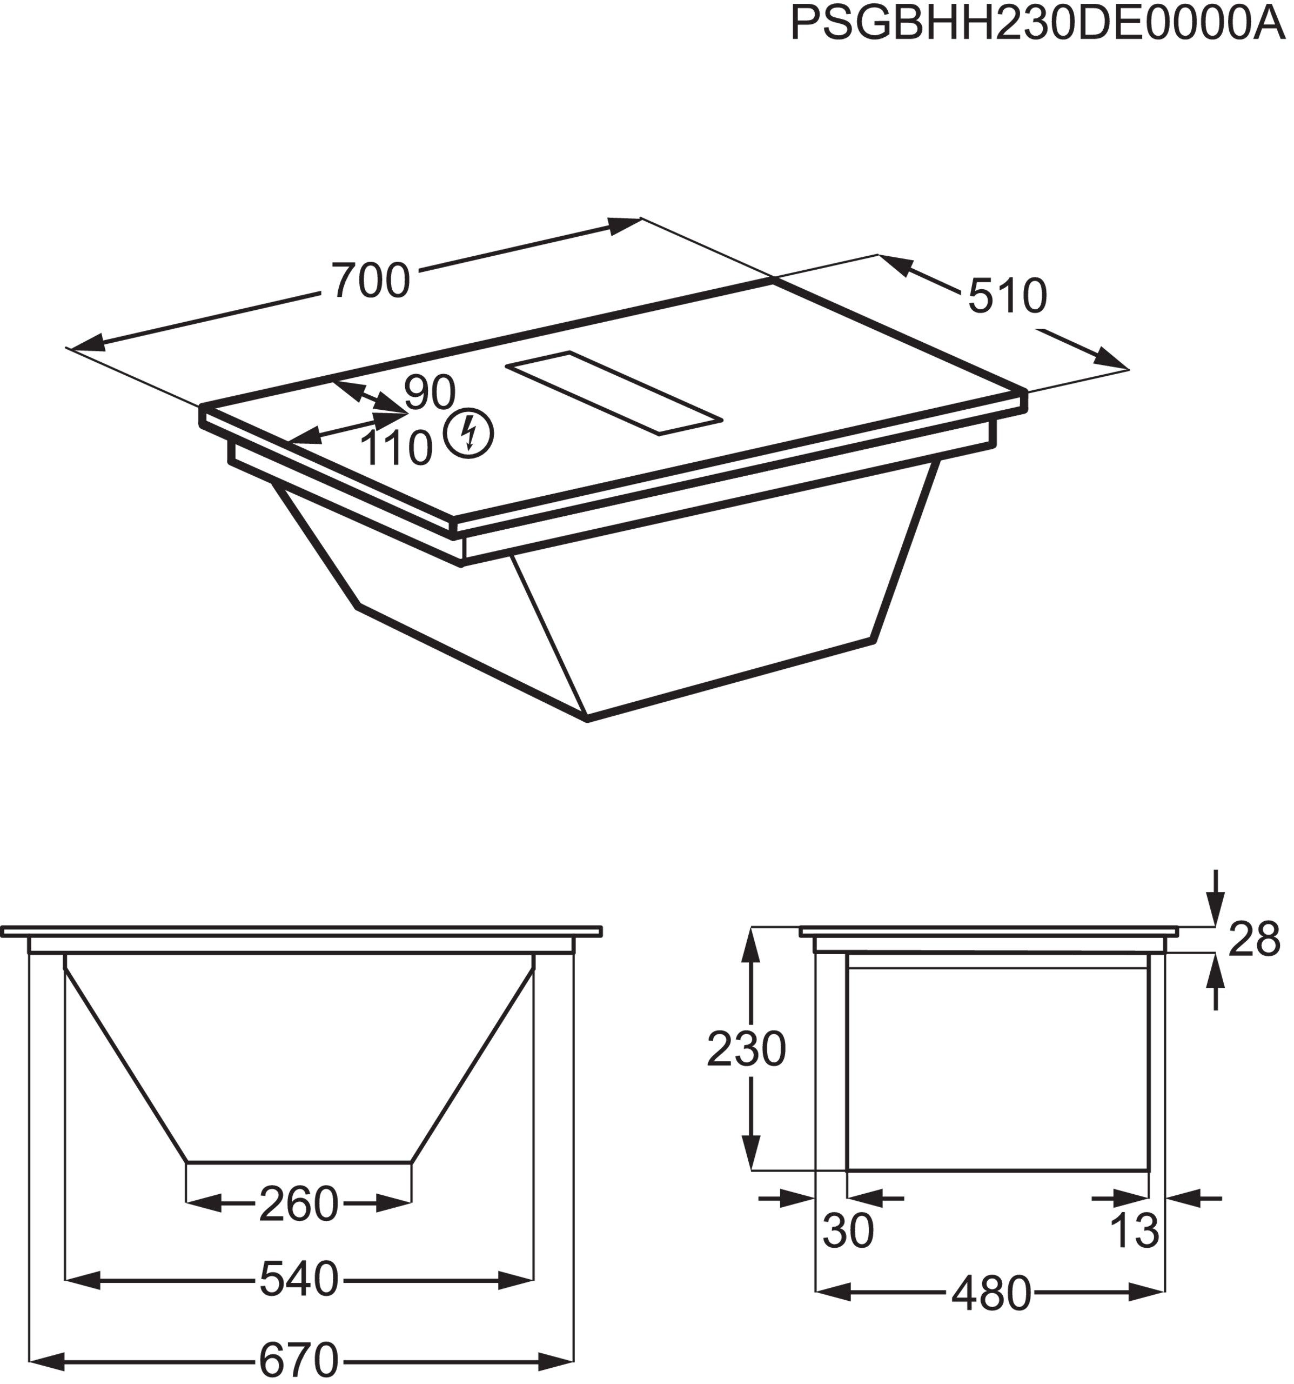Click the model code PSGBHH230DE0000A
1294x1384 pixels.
click(x=1037, y=24)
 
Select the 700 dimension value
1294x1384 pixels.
click(x=371, y=281)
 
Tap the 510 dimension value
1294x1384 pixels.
click(x=1007, y=296)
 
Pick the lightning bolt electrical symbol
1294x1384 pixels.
click(x=470, y=432)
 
